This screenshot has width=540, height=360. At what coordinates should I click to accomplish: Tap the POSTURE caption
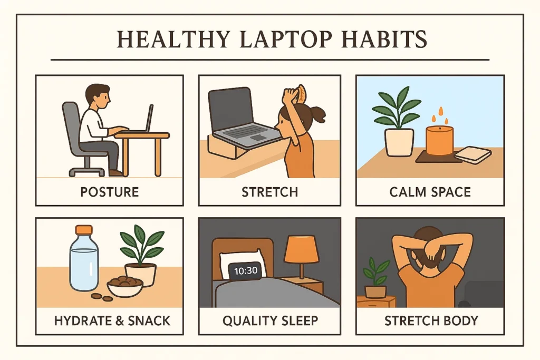(x=110, y=191)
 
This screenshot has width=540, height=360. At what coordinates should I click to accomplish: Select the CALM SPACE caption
(x=430, y=191)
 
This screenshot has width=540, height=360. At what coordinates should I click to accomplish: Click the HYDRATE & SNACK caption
(x=110, y=320)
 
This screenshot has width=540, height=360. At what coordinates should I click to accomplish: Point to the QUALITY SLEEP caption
(x=269, y=320)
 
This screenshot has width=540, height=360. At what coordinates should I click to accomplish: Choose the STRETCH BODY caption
(x=430, y=320)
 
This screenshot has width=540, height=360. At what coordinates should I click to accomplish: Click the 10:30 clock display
(x=244, y=271)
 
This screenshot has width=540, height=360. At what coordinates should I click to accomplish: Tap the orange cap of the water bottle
(x=84, y=230)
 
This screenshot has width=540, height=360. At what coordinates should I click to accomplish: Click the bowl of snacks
(x=125, y=286)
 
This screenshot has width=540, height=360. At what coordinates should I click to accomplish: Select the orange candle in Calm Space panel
(x=439, y=140)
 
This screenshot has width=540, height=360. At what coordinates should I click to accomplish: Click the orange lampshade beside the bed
(x=301, y=249)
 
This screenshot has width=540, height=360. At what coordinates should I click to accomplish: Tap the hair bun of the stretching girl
(x=318, y=113)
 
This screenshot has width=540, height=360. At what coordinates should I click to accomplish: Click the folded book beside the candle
(x=472, y=153)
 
